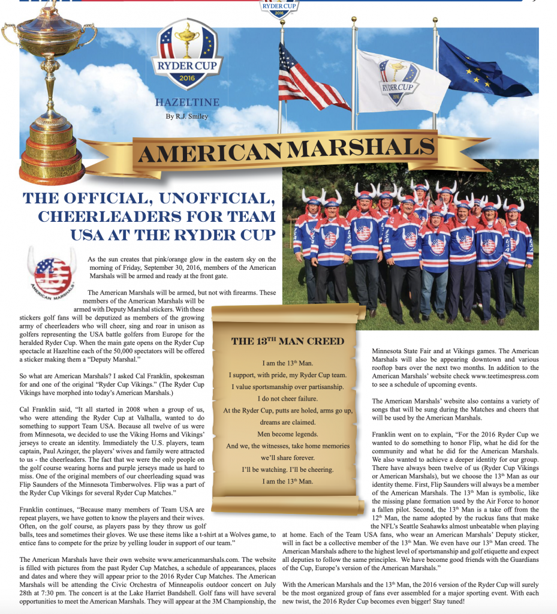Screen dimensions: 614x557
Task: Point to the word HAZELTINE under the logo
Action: pos(187,103)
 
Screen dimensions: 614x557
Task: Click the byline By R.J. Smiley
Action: pos(186,116)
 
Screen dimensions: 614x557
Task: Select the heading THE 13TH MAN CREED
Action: pos(288,341)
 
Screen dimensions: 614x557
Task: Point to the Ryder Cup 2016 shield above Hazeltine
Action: pos(187,55)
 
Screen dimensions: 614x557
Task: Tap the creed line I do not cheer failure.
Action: pos(288,398)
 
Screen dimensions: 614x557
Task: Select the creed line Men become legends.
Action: pos(288,434)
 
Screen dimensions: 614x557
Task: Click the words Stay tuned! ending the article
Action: pos(520,600)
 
